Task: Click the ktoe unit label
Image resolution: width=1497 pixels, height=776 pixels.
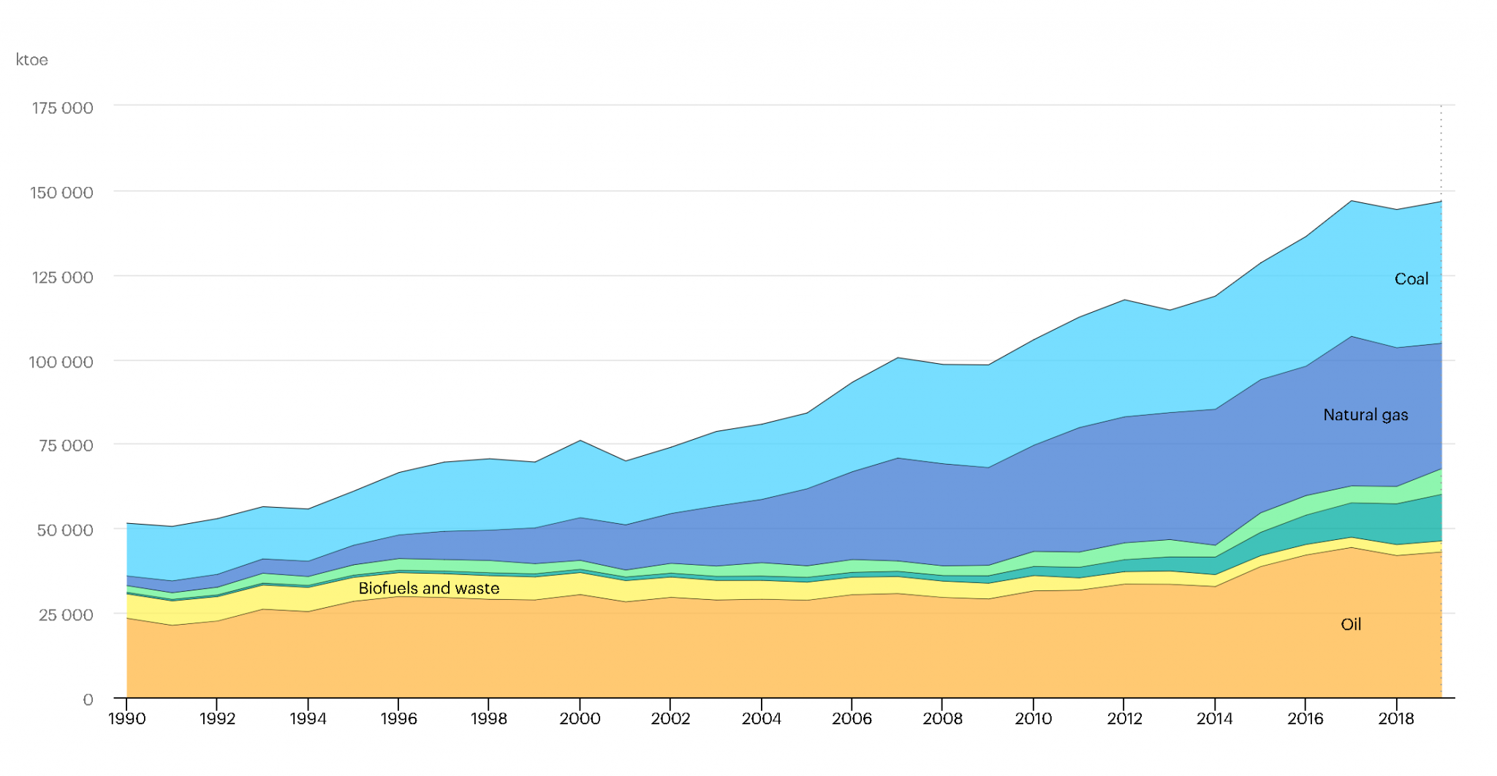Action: (x=32, y=60)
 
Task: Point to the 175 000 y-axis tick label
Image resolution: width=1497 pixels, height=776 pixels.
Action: (x=62, y=108)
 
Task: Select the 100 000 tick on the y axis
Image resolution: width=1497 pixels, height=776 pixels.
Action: (x=61, y=362)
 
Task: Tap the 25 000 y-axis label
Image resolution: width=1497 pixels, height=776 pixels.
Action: (x=65, y=615)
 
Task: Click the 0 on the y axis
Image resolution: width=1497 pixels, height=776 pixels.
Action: (x=88, y=700)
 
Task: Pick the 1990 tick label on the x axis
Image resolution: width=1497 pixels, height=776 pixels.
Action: (x=126, y=719)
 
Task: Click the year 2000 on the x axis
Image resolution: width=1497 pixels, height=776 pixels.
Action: (x=580, y=719)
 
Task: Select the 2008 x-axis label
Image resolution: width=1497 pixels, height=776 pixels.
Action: (x=942, y=719)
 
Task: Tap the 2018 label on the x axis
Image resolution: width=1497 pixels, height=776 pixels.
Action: (x=1396, y=719)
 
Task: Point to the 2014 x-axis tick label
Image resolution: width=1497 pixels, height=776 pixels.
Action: (x=1214, y=719)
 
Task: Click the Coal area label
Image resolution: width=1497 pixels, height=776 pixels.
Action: (x=1411, y=279)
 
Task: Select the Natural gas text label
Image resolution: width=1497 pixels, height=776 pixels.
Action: (x=1365, y=415)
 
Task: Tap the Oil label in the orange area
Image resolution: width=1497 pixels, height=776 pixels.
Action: (x=1351, y=625)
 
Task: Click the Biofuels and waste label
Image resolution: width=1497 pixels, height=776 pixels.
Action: (x=429, y=589)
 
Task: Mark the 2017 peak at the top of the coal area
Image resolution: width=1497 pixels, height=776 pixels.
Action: (x=1351, y=201)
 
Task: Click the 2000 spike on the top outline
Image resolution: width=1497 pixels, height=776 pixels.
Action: (x=580, y=441)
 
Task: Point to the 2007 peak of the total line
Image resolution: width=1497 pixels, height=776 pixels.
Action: (x=898, y=358)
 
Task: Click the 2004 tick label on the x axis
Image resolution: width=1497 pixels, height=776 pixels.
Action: (x=761, y=719)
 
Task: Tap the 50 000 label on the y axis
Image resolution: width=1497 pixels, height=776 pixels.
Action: (x=65, y=530)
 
